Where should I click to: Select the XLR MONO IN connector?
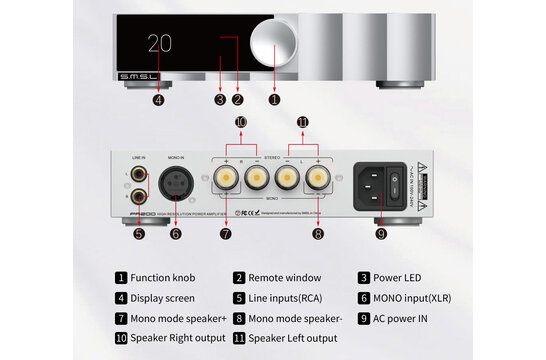(x=176, y=186)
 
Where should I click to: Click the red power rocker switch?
(x=393, y=183)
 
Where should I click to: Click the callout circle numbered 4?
(x=158, y=99)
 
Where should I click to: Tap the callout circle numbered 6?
(x=176, y=234)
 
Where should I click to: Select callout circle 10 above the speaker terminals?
(x=240, y=122)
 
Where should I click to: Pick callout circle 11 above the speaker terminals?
(x=302, y=122)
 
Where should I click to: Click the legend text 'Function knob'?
(x=164, y=278)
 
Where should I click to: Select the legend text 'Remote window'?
(x=284, y=278)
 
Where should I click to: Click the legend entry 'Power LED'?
(x=399, y=278)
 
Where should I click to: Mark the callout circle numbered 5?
(x=139, y=234)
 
